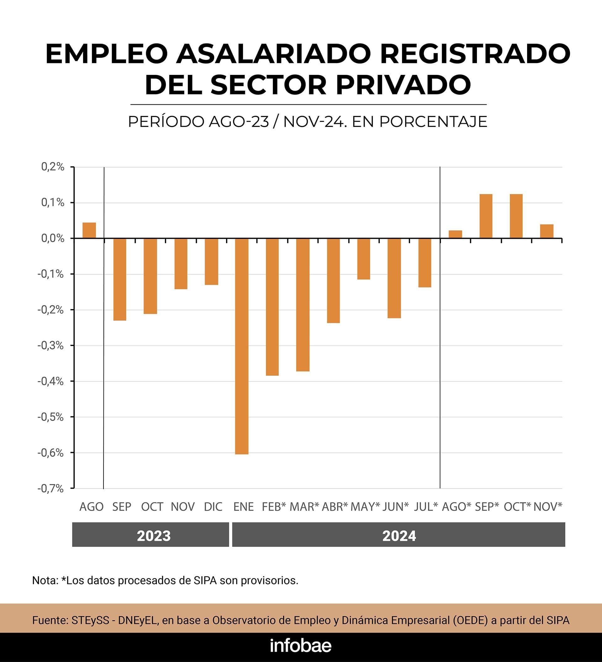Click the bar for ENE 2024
(242, 346)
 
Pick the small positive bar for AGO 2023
(89, 230)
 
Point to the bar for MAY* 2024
(364, 259)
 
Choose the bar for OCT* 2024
(516, 216)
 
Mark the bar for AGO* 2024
(455, 234)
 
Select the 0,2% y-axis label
(53, 167)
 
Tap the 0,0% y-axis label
(53, 238)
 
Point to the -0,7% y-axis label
(51, 489)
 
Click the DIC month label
(213, 507)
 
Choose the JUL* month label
(426, 507)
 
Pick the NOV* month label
(547, 507)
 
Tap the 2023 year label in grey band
(154, 536)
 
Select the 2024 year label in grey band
(399, 536)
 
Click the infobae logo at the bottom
(301, 646)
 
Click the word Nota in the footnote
(45, 580)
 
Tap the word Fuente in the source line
(50, 620)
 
